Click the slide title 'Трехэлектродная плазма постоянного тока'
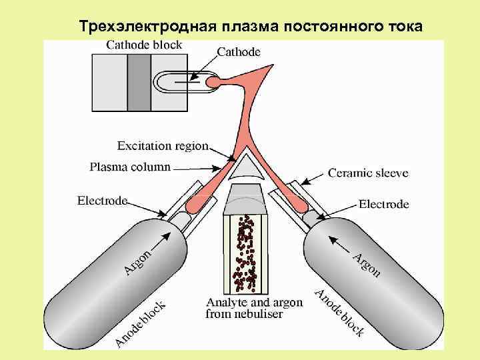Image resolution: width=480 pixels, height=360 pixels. click(x=250, y=27)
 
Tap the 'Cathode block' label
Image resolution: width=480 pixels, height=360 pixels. click(x=144, y=45)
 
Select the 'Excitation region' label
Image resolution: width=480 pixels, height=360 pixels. click(x=163, y=145)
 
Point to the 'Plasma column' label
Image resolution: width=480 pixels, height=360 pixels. click(x=130, y=167)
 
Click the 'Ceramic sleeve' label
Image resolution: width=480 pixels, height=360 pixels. click(x=368, y=173)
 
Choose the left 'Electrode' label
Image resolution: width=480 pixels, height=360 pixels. click(x=102, y=200)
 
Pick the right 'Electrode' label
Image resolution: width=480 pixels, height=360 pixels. click(x=383, y=204)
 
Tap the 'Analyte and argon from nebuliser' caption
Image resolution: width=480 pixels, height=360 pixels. click(x=254, y=308)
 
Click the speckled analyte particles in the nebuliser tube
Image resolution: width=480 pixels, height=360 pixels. click(x=245, y=253)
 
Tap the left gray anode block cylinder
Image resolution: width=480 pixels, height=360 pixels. click(x=113, y=280)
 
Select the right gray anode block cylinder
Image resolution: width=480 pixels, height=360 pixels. click(x=373, y=280)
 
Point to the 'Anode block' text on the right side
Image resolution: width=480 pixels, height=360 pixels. click(x=340, y=313)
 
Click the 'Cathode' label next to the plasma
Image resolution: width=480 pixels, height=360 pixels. click(x=239, y=51)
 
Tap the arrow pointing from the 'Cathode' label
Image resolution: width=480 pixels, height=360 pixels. click(x=203, y=67)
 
